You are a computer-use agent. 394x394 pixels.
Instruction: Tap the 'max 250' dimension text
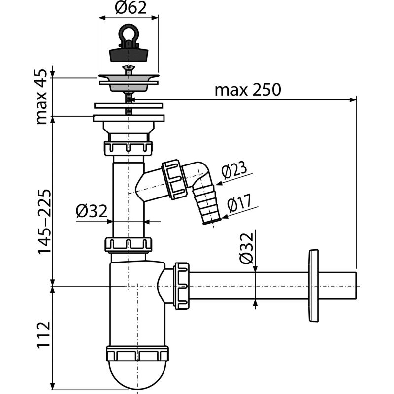coord(247,90)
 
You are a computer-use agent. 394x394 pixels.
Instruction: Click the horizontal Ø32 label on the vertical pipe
coord(92,211)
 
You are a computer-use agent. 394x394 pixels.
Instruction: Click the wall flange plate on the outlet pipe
coord(313,286)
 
